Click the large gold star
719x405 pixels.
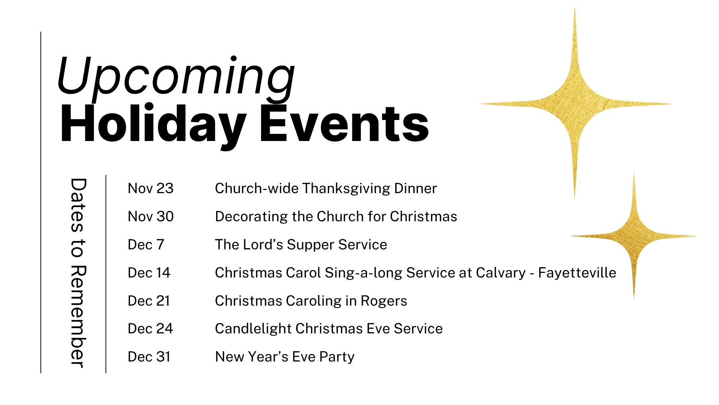(575, 103)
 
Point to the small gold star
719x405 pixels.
(634, 236)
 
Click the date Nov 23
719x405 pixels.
(151, 188)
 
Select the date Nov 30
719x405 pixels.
(151, 216)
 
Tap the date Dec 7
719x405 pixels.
(146, 244)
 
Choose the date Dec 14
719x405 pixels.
(149, 273)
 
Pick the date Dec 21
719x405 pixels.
(149, 301)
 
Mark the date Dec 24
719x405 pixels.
(151, 328)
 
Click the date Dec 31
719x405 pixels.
(149, 357)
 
